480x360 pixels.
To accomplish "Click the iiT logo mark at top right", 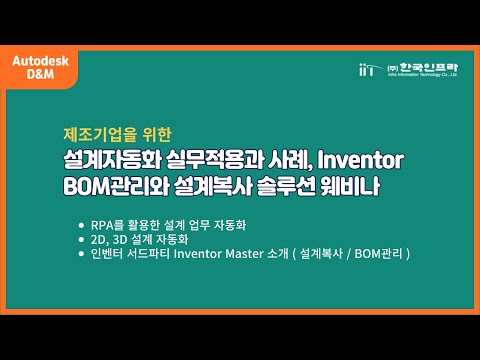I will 367,69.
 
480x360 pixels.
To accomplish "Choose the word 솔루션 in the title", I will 299,187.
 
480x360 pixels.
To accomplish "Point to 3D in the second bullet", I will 119,239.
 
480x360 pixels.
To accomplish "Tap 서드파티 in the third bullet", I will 147,254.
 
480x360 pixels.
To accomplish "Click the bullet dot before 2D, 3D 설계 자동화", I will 81,240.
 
